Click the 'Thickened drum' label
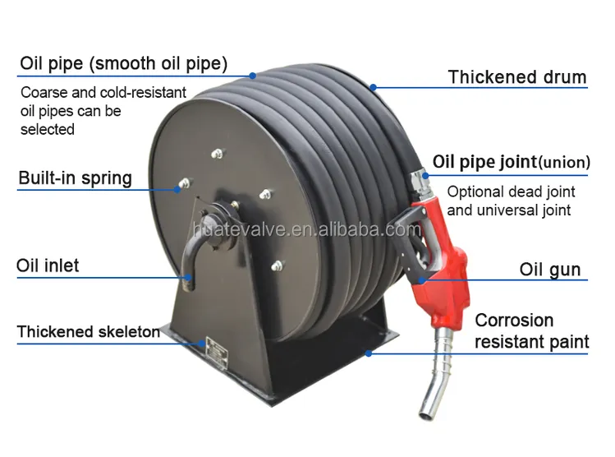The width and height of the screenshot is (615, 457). pyautogui.click(x=517, y=77)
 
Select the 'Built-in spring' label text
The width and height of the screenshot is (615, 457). pyautogui.click(x=76, y=178)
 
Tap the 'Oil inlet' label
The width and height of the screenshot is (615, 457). pyautogui.click(x=48, y=265)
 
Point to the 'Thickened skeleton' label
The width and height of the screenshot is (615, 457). pyautogui.click(x=89, y=332)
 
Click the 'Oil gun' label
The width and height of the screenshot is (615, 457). pyautogui.click(x=550, y=270)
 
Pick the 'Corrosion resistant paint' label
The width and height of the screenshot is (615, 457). pyautogui.click(x=532, y=331)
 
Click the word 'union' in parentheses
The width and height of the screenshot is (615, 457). pyautogui.click(x=564, y=162)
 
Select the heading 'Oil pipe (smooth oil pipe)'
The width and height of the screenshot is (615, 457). pyautogui.click(x=123, y=63)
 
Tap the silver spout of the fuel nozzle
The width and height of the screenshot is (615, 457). pyautogui.click(x=437, y=373)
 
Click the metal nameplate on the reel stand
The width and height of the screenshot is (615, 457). pyautogui.click(x=217, y=352)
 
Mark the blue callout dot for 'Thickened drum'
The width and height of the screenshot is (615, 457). pyautogui.click(x=373, y=87)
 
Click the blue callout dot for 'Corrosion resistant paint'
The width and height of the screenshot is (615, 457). pyautogui.click(x=369, y=353)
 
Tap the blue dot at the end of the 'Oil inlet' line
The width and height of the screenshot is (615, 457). pyautogui.click(x=188, y=278)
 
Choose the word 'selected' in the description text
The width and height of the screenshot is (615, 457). pyautogui.click(x=48, y=129)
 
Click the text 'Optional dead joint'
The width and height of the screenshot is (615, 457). pyautogui.click(x=511, y=192)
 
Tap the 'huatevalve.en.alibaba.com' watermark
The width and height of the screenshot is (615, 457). pyautogui.click(x=307, y=229)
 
